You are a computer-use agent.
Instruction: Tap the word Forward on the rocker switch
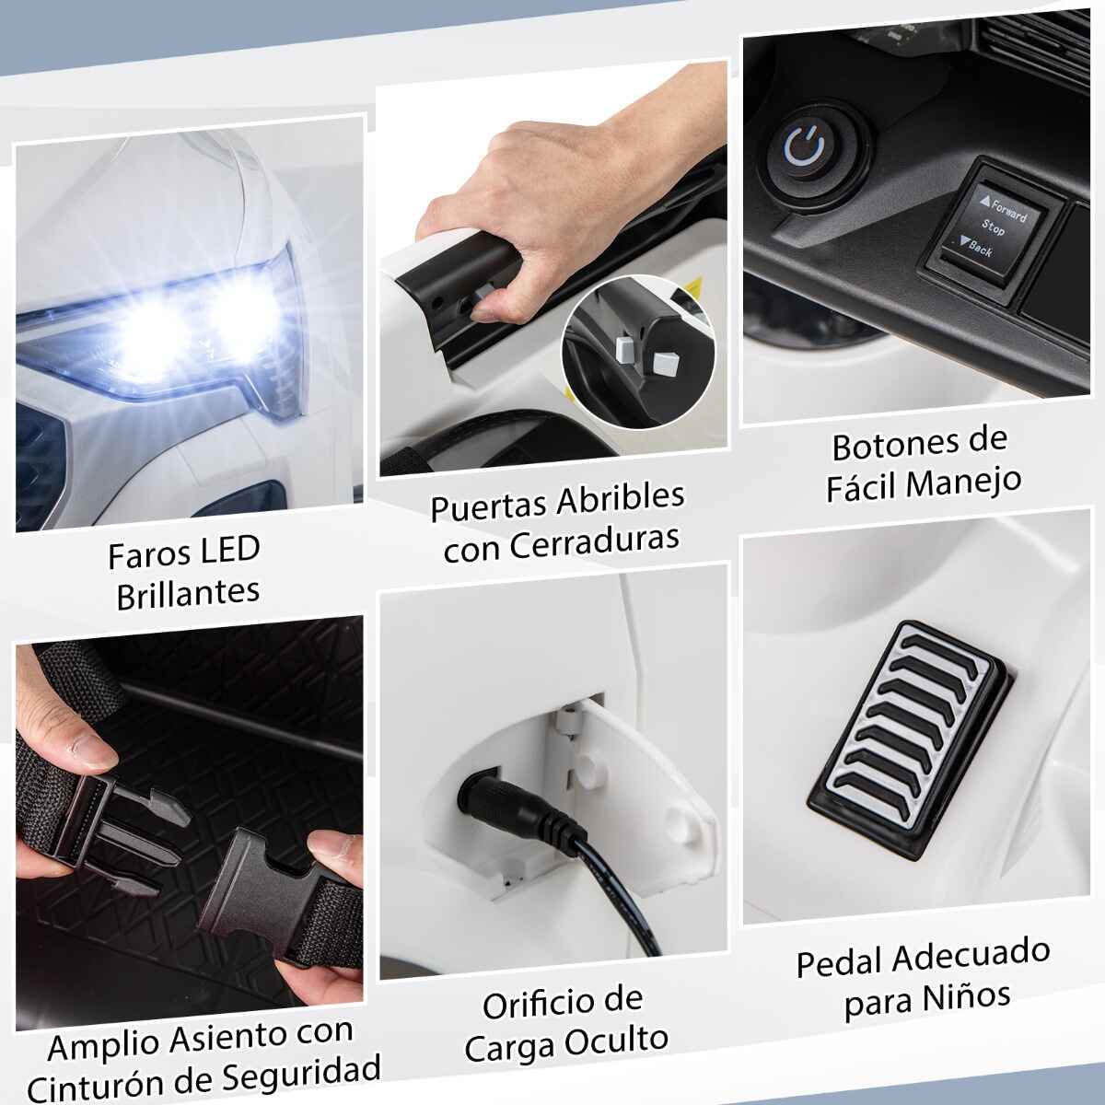point(1007,211)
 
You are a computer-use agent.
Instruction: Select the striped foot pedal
point(910,740)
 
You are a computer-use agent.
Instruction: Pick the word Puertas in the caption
point(489,506)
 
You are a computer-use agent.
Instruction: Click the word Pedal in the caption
point(840,961)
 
